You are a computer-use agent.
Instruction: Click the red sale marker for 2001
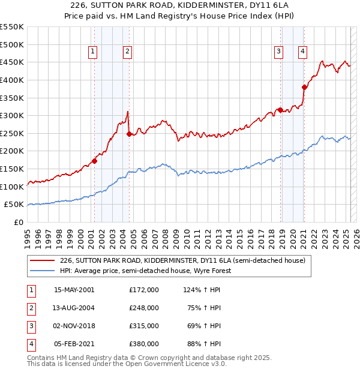[95, 161]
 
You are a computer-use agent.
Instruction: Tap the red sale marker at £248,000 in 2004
[129, 134]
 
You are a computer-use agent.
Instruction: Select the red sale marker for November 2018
[280, 110]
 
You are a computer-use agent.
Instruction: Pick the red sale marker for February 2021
[304, 87]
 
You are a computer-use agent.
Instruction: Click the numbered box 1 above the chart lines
[94, 52]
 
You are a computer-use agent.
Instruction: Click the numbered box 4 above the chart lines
[302, 52]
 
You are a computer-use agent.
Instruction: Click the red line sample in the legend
[42, 260]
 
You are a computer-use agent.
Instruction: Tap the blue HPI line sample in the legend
[42, 271]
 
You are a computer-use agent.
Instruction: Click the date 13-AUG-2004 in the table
[74, 308]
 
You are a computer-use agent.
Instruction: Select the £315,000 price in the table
[143, 326]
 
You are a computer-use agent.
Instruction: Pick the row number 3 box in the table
[31, 326]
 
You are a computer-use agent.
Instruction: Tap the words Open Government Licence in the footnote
[173, 364]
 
